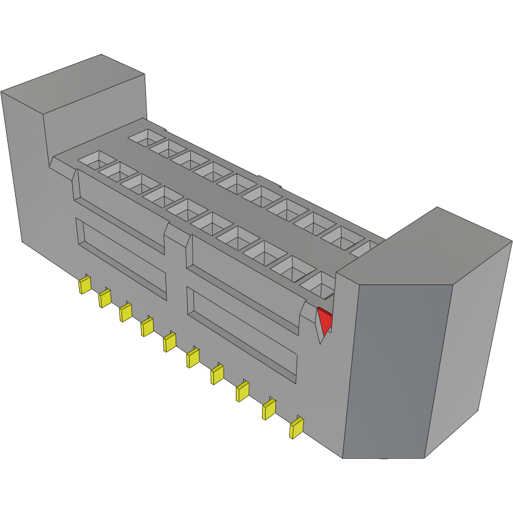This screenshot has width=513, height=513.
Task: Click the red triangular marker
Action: coord(325,320)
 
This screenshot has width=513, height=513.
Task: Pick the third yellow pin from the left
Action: coord(126,312)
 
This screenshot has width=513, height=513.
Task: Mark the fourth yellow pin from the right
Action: coord(217,374)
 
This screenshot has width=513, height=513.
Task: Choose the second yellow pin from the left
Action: coord(105,298)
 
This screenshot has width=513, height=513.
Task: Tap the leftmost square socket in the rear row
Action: coord(145,137)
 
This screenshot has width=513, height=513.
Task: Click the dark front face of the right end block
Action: coord(395,371)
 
